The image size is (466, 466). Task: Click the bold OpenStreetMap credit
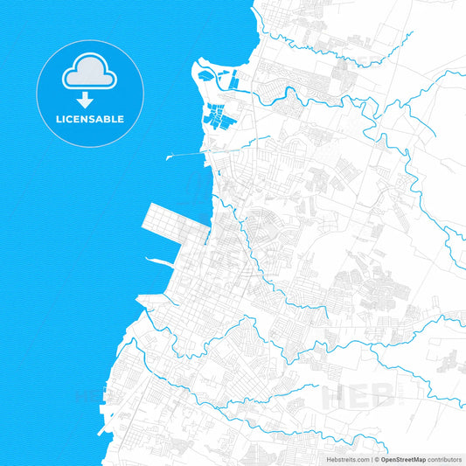click(x=409, y=458)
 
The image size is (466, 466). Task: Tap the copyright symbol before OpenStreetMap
click(x=376, y=458)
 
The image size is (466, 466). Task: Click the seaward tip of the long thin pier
click(x=167, y=158)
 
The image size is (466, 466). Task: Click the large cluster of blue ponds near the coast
click(x=215, y=115)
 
